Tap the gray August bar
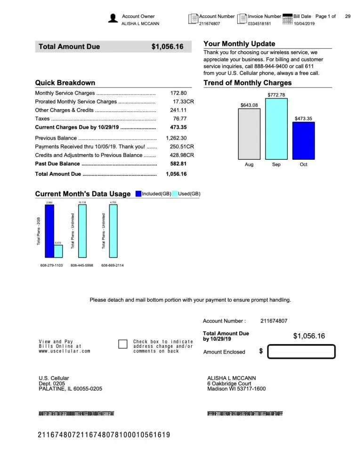tap(249, 133)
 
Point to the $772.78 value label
tap(276, 95)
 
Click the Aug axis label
tap(249, 164)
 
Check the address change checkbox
tap(123, 345)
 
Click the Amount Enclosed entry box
tap(301, 352)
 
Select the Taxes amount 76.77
tap(179, 119)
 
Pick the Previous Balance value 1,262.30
tap(177, 138)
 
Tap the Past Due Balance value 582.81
tap(178, 164)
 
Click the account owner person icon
tap(113, 18)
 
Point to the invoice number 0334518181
tap(259, 23)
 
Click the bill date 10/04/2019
tap(304, 23)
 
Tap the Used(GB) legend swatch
tap(175, 194)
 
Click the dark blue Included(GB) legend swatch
tap(138, 194)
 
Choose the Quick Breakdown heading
tap(65, 83)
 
